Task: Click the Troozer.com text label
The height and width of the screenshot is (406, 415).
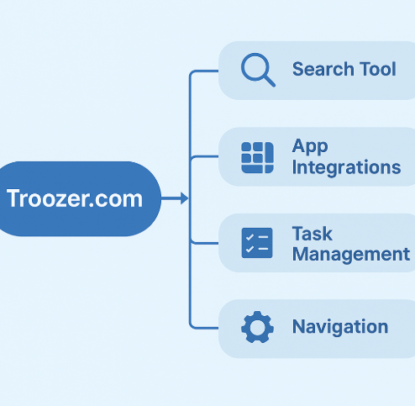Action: point(74,199)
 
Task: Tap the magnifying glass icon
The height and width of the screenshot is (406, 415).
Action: point(257,70)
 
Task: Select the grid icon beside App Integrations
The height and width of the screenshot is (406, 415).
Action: point(257,157)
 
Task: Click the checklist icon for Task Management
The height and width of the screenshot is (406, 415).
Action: point(257,243)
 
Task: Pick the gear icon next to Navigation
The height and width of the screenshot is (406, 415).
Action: point(257,327)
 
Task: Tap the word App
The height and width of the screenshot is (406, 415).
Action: point(310,146)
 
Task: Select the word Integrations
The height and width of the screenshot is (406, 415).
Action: point(346,167)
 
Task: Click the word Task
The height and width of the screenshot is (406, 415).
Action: point(312,233)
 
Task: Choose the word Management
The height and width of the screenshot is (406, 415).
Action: point(350,254)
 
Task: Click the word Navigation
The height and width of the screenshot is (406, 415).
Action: point(340,327)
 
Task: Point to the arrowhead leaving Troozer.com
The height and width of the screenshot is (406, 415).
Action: point(184,199)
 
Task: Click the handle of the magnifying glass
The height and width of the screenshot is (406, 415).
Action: point(269,81)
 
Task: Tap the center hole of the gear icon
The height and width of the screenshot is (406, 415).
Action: point(257,327)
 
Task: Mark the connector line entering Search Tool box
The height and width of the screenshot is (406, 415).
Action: point(206,71)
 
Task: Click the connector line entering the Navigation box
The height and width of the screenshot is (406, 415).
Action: point(206,327)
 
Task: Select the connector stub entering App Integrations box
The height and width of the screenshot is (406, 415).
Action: point(206,157)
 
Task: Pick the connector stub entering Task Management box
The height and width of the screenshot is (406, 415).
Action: point(206,243)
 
